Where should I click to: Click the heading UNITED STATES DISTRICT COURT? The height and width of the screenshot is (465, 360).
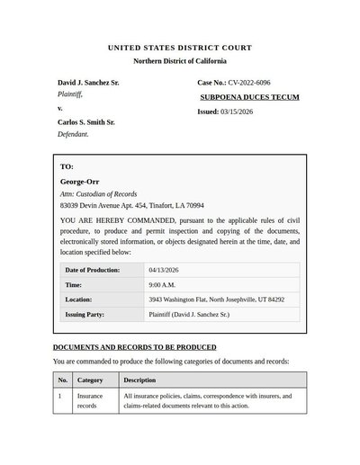(180, 47)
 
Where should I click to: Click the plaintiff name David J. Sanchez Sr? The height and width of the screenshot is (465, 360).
(88, 83)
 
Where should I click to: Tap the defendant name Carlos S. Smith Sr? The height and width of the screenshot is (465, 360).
(85, 121)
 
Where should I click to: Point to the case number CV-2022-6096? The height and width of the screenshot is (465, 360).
(248, 83)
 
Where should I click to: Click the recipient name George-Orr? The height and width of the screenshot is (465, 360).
(79, 183)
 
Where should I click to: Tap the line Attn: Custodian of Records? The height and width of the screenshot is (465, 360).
(98, 193)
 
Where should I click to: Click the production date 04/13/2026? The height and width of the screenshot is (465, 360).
(166, 270)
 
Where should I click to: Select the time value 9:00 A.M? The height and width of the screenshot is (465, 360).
(162, 284)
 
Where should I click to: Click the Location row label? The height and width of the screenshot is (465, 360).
(79, 300)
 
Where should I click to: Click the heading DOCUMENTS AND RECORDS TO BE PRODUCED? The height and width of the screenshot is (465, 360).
(134, 346)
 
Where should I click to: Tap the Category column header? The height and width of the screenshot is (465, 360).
(90, 380)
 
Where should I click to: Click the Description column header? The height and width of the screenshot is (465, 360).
(139, 380)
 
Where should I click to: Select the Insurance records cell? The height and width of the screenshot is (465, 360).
(90, 400)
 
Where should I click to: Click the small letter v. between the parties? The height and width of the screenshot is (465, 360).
(60, 108)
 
